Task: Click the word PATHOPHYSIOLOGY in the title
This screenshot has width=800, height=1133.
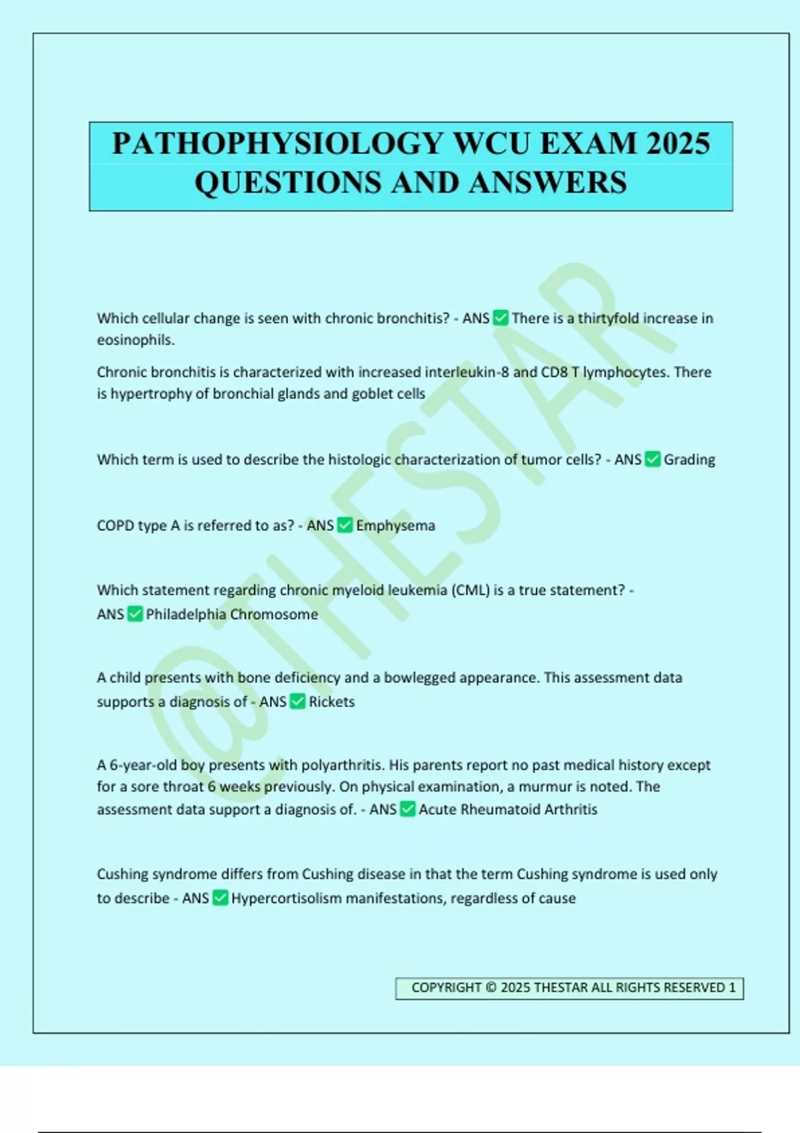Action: click(278, 144)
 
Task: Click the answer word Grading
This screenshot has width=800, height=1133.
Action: click(689, 459)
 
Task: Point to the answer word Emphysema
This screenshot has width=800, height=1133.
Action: click(395, 525)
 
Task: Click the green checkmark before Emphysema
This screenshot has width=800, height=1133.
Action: click(345, 525)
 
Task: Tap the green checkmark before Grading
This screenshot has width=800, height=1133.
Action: click(653, 459)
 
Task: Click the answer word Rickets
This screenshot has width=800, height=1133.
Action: click(331, 701)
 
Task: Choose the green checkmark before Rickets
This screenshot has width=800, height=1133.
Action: click(298, 701)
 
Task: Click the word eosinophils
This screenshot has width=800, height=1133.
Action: click(135, 340)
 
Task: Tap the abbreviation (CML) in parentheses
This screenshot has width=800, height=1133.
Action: click(471, 590)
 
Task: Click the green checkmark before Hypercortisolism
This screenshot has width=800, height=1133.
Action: click(221, 898)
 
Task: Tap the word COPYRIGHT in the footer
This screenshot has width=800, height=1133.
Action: click(446, 987)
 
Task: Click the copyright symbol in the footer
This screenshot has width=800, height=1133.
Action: click(491, 987)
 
